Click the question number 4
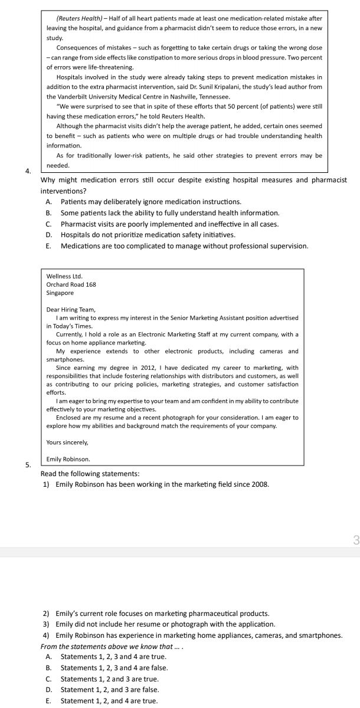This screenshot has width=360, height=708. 28,171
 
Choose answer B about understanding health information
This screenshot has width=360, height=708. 170,212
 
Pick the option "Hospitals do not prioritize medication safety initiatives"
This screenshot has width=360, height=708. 148,235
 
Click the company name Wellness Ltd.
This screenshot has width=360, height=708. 64,276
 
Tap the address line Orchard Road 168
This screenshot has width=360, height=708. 71,284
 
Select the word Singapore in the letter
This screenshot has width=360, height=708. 60,293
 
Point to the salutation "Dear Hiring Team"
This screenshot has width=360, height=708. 70,309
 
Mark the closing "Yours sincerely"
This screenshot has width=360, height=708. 67,442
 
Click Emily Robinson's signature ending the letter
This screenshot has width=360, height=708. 68,458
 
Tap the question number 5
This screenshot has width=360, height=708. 28,465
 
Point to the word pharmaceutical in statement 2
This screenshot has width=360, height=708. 199,614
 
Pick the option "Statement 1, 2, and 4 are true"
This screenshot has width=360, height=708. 109,700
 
